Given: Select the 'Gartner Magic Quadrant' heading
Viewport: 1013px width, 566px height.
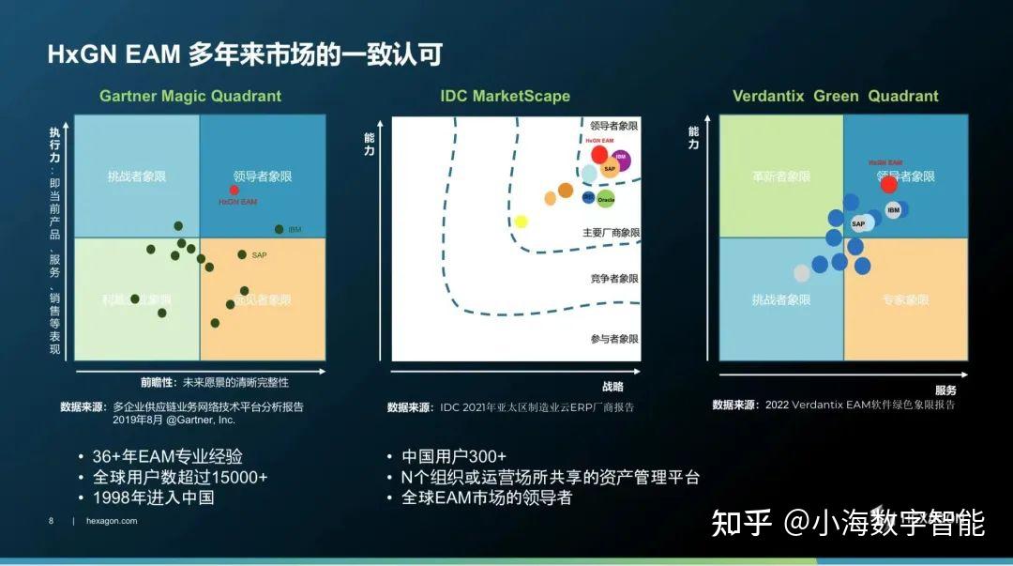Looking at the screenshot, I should (190, 96).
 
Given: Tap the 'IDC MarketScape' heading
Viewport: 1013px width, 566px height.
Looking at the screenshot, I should (505, 96).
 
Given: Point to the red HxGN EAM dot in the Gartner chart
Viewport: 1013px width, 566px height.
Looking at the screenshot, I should (234, 190).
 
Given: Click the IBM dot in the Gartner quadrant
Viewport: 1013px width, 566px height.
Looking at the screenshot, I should (279, 229).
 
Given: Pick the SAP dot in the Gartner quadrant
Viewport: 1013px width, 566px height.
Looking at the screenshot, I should (242, 254).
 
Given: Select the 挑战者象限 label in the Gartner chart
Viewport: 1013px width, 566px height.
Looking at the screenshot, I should (136, 176).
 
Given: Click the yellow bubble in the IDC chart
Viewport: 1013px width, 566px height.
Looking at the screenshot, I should (522, 222).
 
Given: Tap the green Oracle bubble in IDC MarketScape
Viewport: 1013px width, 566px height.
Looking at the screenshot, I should (606, 199).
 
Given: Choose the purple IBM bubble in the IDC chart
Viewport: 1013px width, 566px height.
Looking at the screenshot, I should (620, 159).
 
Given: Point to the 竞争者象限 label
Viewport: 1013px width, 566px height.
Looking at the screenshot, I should (614, 279).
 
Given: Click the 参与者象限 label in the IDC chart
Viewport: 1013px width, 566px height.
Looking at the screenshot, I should (614, 339).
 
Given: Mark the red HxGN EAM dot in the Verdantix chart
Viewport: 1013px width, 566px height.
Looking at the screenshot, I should (889, 184).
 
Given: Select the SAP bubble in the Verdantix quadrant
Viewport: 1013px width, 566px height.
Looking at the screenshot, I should (860, 223).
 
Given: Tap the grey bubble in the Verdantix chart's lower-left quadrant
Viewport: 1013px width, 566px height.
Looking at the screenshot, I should (801, 273).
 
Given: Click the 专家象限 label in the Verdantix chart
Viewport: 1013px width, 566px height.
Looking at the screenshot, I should (905, 299).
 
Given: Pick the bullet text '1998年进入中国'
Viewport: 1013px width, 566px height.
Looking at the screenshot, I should (153, 497).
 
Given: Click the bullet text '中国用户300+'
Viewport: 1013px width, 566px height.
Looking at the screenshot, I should (454, 457).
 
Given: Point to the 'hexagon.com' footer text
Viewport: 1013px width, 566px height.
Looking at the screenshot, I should (111, 521).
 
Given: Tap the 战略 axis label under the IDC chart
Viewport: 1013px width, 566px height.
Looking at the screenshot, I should (612, 386).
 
